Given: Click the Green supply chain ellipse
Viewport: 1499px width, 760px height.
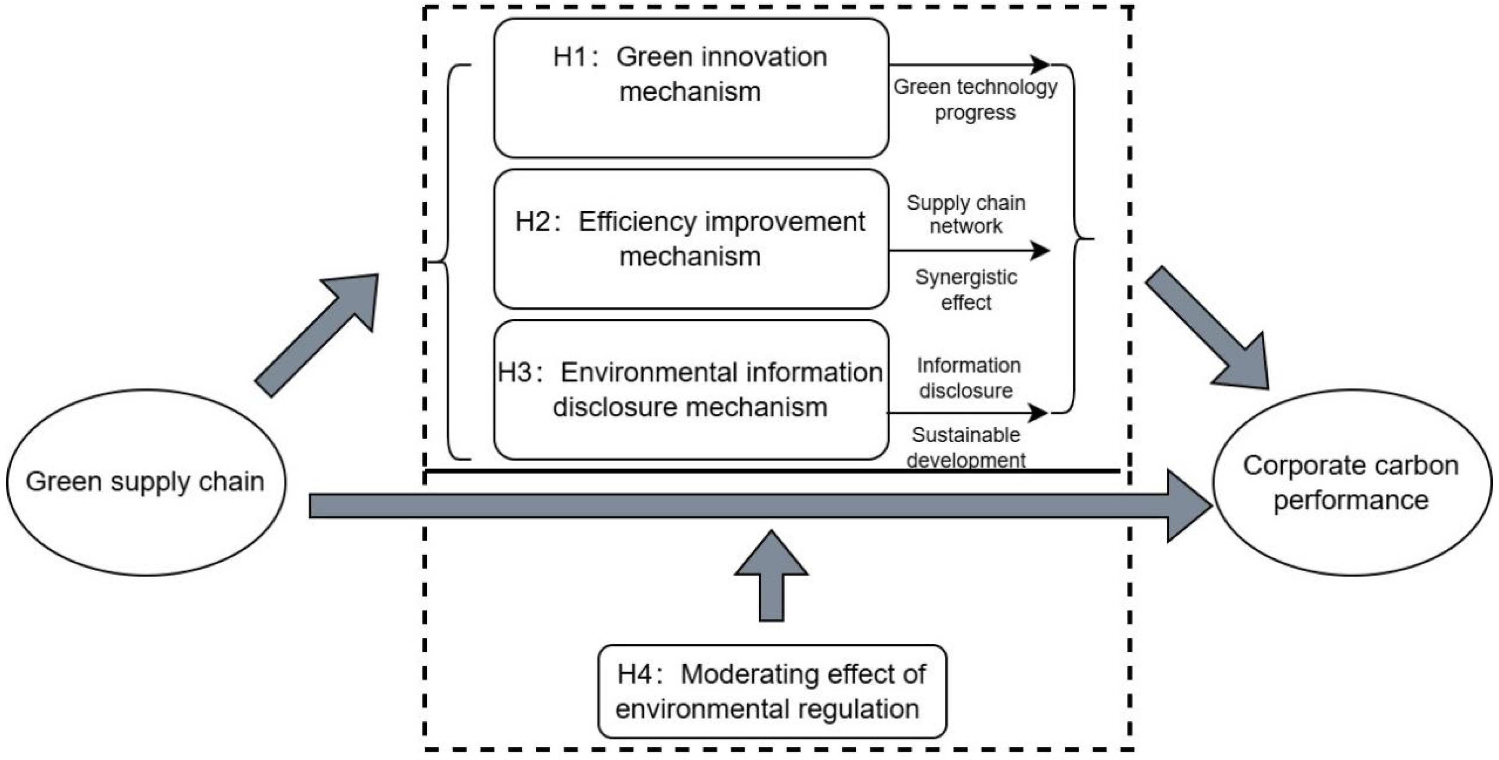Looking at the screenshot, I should click(145, 482).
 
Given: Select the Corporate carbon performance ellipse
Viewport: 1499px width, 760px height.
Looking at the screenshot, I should click(1351, 482).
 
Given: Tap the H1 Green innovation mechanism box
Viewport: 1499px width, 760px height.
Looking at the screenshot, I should click(691, 87).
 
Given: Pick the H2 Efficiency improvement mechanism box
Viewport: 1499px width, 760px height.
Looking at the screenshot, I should click(691, 239).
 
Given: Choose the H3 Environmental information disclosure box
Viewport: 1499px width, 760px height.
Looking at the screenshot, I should click(691, 389).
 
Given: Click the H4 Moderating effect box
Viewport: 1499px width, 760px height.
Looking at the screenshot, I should click(772, 691).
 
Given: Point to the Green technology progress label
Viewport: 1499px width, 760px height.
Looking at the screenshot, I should click(975, 99).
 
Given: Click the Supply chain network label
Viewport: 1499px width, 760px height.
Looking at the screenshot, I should click(966, 214).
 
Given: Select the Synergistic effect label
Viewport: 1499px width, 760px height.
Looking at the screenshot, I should click(966, 289).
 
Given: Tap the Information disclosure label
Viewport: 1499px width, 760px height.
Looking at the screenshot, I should click(967, 377).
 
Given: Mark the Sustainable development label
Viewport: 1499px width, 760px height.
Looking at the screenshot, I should click(966, 447).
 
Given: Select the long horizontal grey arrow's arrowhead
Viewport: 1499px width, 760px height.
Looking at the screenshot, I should click(1187, 505).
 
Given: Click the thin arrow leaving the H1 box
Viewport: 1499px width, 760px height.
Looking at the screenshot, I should click(969, 64).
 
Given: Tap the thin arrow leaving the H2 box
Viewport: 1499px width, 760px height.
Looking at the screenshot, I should click(969, 250).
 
